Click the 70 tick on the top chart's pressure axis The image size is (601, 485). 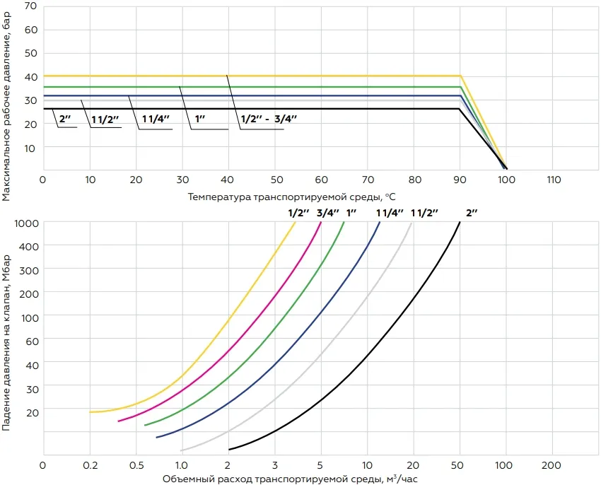(x=30, y=6)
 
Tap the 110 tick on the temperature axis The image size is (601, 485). (x=554, y=180)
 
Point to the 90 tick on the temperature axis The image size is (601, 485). (x=460, y=180)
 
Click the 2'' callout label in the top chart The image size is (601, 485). (x=64, y=119)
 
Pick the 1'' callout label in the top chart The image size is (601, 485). (x=199, y=119)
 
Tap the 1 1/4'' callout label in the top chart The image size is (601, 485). (x=156, y=119)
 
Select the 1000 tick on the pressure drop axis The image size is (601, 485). (x=26, y=223)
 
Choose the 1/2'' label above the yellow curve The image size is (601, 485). (x=298, y=211)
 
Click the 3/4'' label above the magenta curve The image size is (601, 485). (x=328, y=211)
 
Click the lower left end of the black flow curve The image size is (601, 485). (x=229, y=449)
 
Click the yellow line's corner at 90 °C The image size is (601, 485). (x=460, y=76)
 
